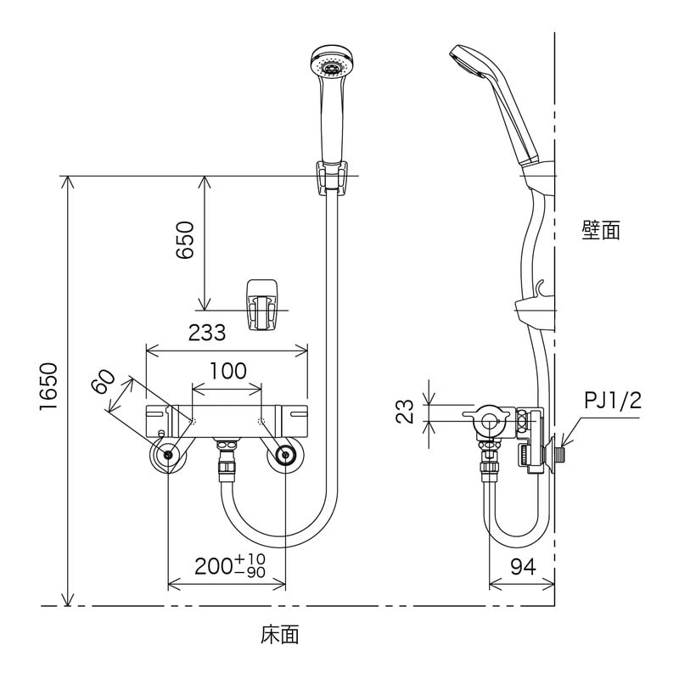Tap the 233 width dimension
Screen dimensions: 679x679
[207, 333]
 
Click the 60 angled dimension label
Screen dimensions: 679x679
[104, 383]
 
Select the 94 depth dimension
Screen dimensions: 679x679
[523, 567]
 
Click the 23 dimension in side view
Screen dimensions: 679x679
[407, 412]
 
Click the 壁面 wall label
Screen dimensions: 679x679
[600, 230]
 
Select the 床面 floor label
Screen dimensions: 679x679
[280, 633]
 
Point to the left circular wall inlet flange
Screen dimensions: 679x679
[169, 457]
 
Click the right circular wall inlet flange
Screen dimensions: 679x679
[283, 457]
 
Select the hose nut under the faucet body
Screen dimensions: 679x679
[227, 463]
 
